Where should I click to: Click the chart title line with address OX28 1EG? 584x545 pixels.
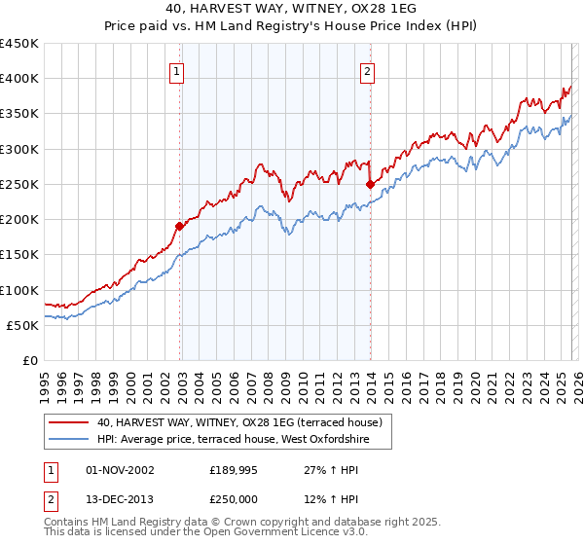click(x=292, y=11)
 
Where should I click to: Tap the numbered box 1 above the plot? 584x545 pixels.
click(x=177, y=70)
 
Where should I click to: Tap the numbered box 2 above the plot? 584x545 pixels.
click(x=368, y=70)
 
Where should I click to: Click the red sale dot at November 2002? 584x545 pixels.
click(x=179, y=226)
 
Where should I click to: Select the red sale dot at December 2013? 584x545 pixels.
click(x=370, y=184)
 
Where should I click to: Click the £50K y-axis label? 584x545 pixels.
click(x=23, y=325)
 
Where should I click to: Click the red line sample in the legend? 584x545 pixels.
click(x=70, y=422)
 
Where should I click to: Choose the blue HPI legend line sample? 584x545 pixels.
click(x=70, y=440)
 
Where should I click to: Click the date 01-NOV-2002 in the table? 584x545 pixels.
click(x=121, y=470)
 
